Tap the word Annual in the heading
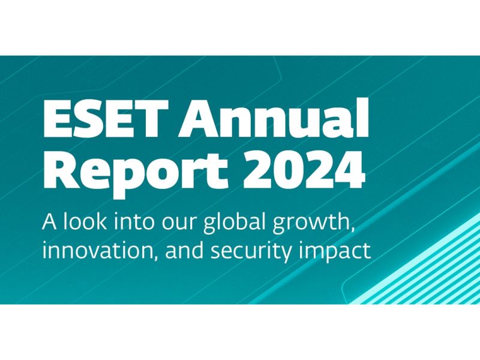coord(274,117)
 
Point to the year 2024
coord(303,169)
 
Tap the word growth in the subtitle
coord(310,223)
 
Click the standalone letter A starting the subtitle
coord(49,221)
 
